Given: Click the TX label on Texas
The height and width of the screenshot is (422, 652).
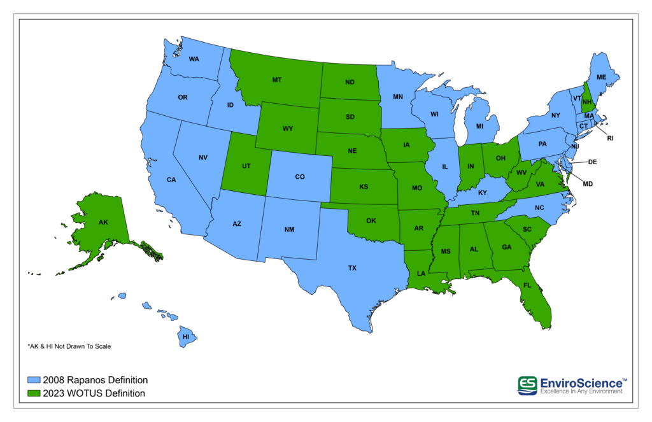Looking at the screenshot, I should tap(352, 269).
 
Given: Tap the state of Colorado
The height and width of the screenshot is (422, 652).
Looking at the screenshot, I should tap(299, 177).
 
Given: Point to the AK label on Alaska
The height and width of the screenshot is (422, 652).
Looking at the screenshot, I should tap(103, 223).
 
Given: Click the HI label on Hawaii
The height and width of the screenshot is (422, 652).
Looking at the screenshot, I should tap(186, 336).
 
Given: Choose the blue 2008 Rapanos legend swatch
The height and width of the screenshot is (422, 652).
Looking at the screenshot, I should tap(33, 381).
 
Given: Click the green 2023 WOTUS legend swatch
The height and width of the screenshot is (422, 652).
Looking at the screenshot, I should tap(33, 393).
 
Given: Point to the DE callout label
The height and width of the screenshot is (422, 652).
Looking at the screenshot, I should tap(592, 162).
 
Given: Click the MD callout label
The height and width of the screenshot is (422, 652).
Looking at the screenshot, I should tap(588, 185).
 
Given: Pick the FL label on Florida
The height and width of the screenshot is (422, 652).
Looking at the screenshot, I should tap(527, 286).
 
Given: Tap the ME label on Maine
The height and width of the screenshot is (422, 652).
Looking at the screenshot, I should tap(601, 77).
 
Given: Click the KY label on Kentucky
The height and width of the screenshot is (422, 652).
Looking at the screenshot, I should tap(483, 192).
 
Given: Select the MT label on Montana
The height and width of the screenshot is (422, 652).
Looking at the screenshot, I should tap(277, 80).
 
